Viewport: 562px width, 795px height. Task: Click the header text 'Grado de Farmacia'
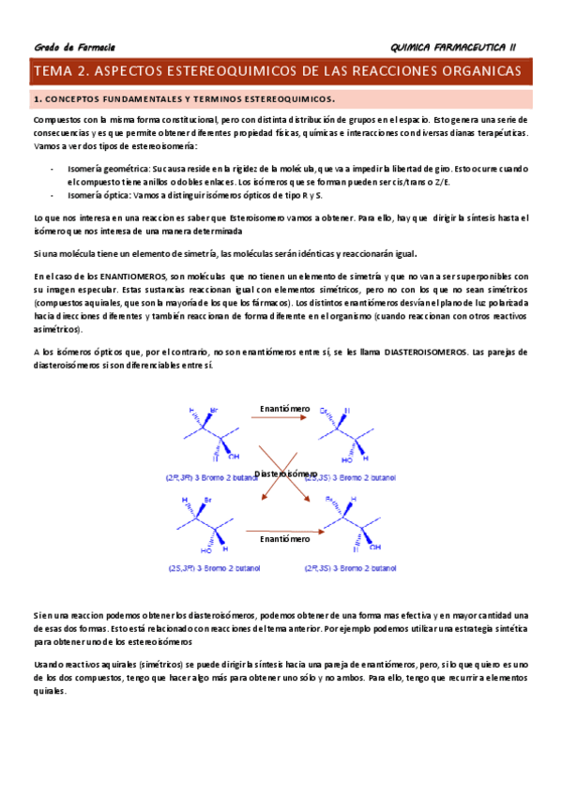pos(74,47)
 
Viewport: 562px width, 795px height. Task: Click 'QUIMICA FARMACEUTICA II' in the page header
pos(459,47)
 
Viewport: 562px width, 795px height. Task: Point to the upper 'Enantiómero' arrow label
pos(285,409)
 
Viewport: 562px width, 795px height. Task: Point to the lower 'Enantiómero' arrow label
pos(285,539)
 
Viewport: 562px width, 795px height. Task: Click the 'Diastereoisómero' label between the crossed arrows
pos(286,474)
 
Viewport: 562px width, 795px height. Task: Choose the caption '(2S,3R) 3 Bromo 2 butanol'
pos(206,568)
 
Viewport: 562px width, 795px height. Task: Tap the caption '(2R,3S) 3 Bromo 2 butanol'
pos(351,568)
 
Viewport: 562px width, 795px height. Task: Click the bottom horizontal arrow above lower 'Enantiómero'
pos(285,531)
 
